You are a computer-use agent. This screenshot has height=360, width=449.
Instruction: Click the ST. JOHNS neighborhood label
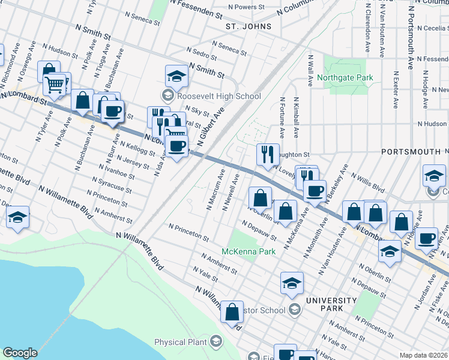point(249,27)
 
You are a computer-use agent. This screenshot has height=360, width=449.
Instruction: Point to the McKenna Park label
point(249,251)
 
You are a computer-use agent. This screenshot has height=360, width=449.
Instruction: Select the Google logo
point(20,353)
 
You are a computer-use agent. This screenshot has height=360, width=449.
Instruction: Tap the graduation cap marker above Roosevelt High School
point(176,76)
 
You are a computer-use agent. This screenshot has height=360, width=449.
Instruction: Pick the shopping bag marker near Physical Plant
point(232,312)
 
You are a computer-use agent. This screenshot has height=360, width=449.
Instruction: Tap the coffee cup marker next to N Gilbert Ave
point(176,146)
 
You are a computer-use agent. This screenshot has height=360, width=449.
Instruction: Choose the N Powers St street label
point(247,7)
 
